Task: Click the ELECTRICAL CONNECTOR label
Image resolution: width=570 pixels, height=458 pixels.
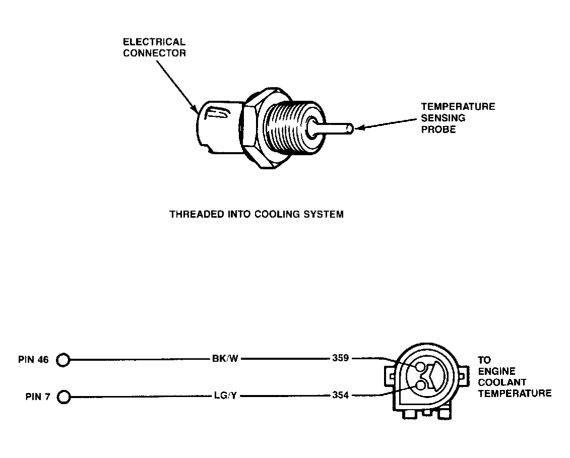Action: tap(154, 47)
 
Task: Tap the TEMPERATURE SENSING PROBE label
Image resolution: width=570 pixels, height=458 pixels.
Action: tap(458, 118)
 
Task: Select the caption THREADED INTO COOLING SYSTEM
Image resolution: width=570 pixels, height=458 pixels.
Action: tap(257, 214)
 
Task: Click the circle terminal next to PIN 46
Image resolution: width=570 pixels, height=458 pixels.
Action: tap(62, 360)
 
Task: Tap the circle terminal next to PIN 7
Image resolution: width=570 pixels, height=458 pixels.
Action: tap(64, 397)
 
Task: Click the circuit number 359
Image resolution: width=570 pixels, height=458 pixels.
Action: tap(341, 359)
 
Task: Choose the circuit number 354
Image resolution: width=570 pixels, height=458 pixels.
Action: tap(341, 396)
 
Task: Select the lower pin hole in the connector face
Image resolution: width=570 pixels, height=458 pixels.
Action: tap(421, 386)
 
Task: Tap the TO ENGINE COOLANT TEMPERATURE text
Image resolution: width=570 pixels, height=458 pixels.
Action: tap(514, 377)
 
